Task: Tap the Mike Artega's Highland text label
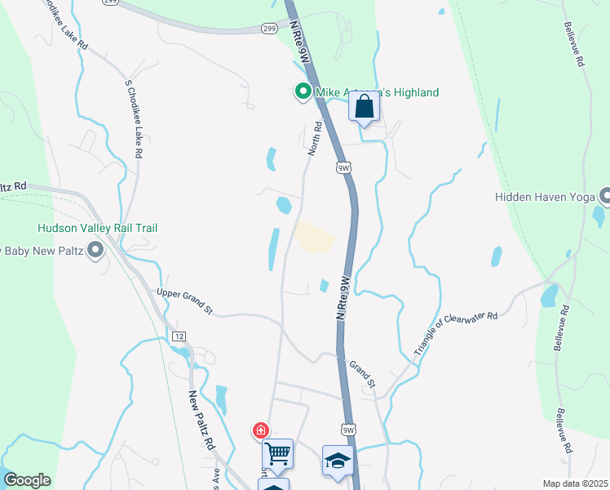[x=377, y=92]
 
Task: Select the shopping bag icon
[x=364, y=107]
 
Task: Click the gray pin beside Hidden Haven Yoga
[x=605, y=196]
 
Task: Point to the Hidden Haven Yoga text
[x=545, y=197]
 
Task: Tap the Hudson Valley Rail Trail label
[x=96, y=229]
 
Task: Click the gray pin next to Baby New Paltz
[x=96, y=249]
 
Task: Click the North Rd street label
[x=314, y=139]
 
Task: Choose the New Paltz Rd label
[x=201, y=421]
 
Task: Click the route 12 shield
[x=179, y=336]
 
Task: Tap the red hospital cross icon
[x=261, y=430]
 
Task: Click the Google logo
[x=26, y=480]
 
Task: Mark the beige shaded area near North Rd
[x=314, y=237]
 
